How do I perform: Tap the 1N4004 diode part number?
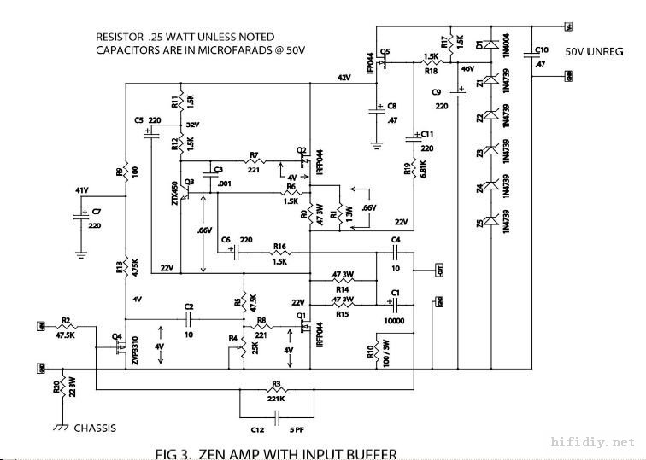(506, 49)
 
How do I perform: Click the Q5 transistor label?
(385, 52)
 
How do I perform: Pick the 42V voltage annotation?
(344, 78)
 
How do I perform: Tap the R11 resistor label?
(175, 102)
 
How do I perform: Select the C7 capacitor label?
(96, 211)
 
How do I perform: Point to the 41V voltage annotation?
(82, 190)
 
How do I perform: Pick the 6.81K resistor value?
(422, 169)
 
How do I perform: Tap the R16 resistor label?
(279, 246)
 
